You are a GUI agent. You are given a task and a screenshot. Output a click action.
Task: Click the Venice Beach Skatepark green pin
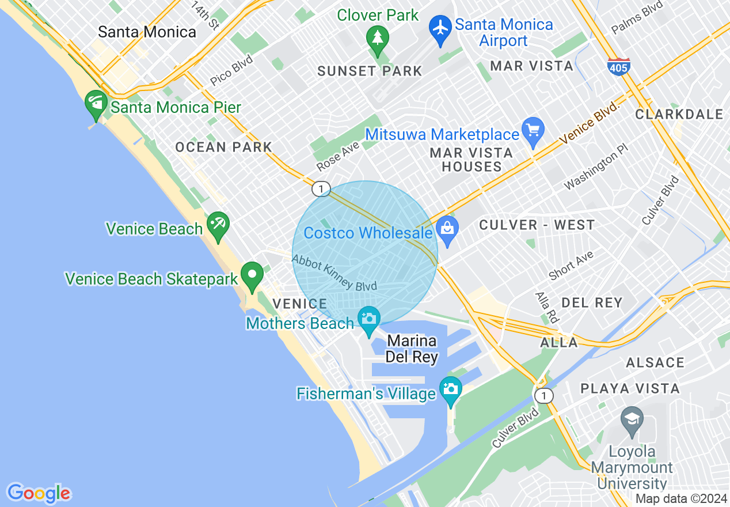(252, 275)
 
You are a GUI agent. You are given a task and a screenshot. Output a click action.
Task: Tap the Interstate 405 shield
(618, 66)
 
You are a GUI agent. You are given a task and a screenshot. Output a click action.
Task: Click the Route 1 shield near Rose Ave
(321, 188)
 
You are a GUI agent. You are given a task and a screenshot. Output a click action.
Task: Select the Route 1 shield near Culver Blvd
(543, 396)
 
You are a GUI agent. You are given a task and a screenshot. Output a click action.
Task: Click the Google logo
(39, 493)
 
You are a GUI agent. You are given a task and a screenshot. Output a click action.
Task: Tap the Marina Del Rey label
(412, 349)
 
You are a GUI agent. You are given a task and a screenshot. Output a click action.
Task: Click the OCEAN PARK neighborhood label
(223, 147)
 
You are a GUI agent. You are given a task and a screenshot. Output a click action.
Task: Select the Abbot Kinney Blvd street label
(334, 273)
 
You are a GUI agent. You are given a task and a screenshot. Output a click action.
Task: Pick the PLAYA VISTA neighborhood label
(630, 388)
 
